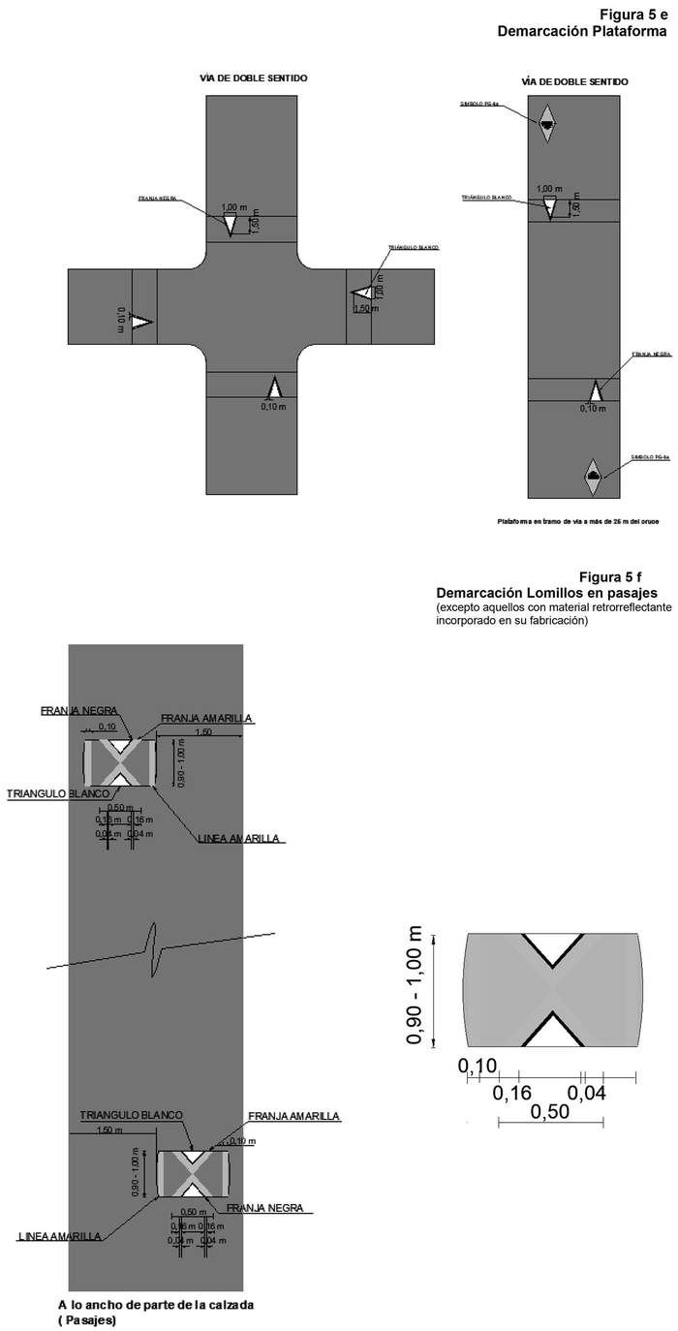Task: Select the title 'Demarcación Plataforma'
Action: coord(582,31)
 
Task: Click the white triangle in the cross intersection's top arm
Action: coord(230,224)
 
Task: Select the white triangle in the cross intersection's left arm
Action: coord(141,321)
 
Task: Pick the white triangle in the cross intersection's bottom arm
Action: coord(274,387)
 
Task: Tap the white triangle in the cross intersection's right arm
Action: coord(361,293)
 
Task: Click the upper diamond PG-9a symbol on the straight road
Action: coord(547,124)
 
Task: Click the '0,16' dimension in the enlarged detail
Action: coord(512,1094)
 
